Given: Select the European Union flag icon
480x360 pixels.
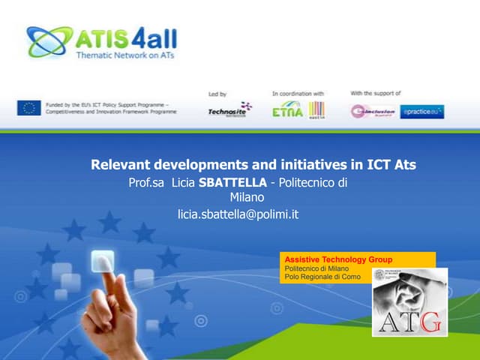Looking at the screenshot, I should pos(28,107).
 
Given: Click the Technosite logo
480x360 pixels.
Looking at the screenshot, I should pos(229,110).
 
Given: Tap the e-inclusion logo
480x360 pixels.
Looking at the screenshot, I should pos(371,111).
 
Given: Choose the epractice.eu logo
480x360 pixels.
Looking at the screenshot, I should pos(421,112).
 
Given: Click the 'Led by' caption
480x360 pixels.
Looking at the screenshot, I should pos(217,94).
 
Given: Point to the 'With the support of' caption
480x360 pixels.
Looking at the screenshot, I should pos(376,93).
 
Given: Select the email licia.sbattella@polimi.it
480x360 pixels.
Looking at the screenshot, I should pos(238,214).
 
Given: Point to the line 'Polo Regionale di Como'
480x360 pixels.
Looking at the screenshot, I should pos(322,277).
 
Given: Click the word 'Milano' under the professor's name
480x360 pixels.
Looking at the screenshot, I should pos(247,197).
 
